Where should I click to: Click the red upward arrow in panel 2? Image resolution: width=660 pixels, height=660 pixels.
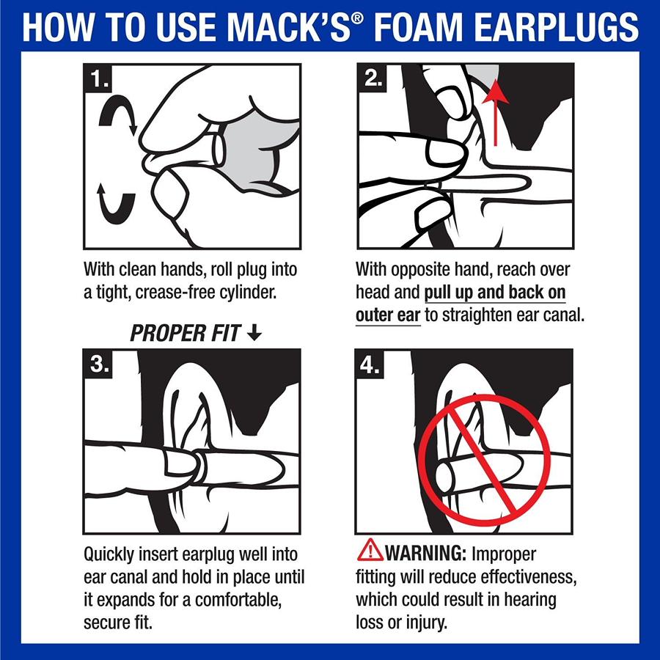point(498,110)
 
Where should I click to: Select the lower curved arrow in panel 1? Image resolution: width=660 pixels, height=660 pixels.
point(118,202)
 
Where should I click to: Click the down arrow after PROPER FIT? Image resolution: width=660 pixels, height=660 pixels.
point(254,334)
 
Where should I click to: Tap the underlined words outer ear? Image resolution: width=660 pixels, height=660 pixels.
point(388,315)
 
